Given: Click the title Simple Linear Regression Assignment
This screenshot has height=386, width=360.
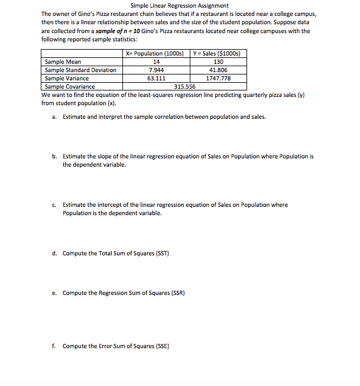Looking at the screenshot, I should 179,5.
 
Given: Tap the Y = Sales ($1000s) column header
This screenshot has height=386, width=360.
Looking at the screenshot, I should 218,54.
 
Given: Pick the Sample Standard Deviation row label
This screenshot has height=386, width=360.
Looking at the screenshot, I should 80,70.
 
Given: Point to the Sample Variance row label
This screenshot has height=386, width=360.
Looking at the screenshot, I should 67,78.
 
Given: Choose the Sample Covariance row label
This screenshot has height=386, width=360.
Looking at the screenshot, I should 70,86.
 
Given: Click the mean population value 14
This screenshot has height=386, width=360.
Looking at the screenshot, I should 156,61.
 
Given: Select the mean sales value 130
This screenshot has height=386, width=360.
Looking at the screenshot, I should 218,61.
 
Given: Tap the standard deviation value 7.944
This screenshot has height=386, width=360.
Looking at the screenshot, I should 156,70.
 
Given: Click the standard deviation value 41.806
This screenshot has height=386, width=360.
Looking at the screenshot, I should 218,70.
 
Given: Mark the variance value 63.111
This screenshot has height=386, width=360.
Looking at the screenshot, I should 156,78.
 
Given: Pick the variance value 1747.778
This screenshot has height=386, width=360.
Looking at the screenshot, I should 218,78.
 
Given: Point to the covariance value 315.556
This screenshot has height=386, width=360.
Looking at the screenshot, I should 185,86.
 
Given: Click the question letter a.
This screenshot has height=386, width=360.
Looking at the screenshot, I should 54,117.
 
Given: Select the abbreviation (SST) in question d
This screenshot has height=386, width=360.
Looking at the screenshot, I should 160,254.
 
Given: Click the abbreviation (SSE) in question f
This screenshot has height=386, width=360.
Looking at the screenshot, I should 160,346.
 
